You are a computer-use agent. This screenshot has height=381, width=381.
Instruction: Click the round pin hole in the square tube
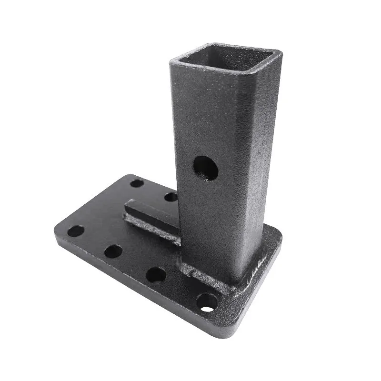click(206, 168)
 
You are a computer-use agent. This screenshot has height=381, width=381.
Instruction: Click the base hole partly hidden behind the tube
click(171, 197)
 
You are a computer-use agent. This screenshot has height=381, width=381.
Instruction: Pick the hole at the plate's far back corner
click(137, 183)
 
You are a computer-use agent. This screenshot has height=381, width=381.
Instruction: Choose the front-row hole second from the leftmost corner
click(113, 251)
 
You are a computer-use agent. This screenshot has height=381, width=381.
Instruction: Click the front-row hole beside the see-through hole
click(156, 275)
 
